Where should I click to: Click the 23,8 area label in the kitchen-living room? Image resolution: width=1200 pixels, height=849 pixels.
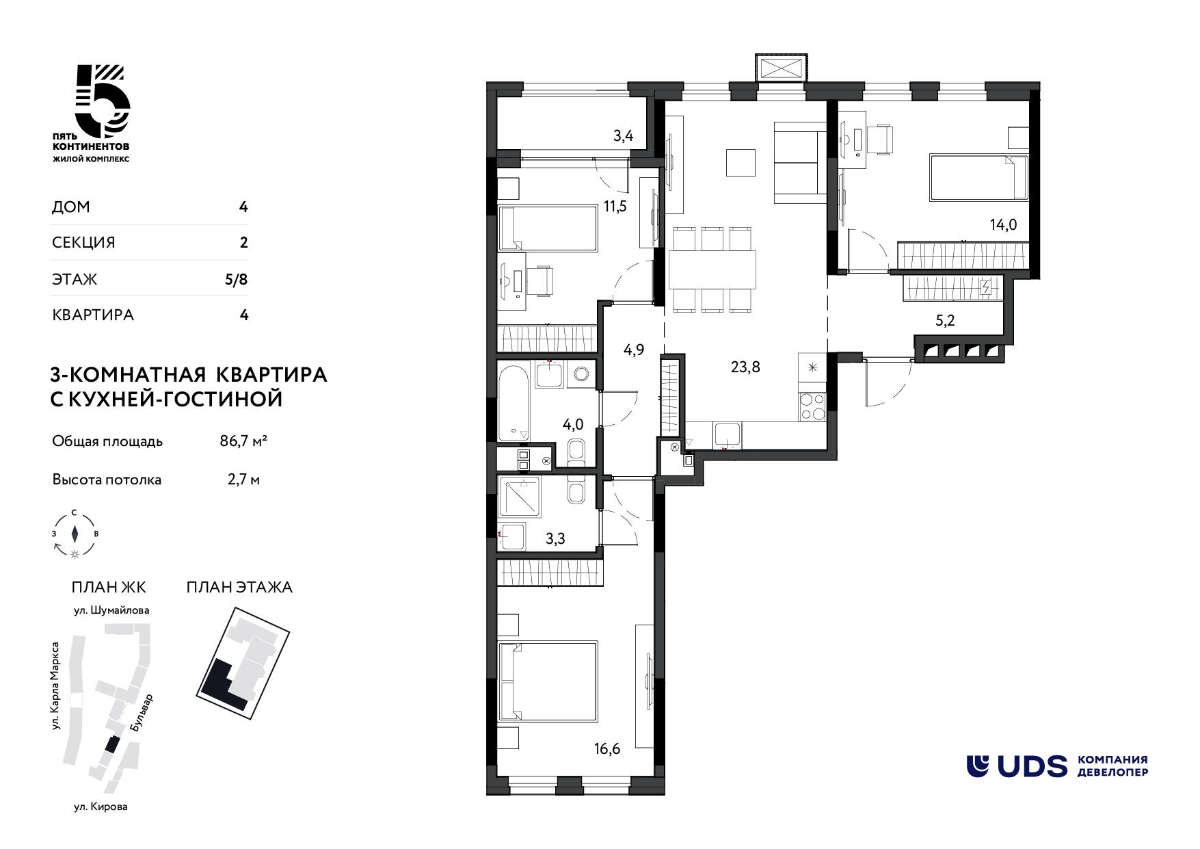[x=745, y=367]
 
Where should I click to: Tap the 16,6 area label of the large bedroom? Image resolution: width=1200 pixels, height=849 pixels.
[x=607, y=750]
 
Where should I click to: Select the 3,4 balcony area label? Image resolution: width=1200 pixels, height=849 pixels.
[x=623, y=135]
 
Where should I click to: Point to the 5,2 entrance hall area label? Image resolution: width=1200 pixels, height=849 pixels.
[x=944, y=321]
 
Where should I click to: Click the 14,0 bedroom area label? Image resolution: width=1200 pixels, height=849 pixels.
[x=1003, y=224]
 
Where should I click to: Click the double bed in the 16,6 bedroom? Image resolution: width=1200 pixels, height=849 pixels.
[x=548, y=681]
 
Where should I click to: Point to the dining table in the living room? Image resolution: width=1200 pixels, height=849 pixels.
[x=712, y=270]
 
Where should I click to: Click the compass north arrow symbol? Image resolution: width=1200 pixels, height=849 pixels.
[x=75, y=533]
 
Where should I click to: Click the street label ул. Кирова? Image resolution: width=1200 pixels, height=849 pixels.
[x=101, y=807]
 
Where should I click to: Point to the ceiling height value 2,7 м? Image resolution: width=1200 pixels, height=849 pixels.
[x=243, y=480]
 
